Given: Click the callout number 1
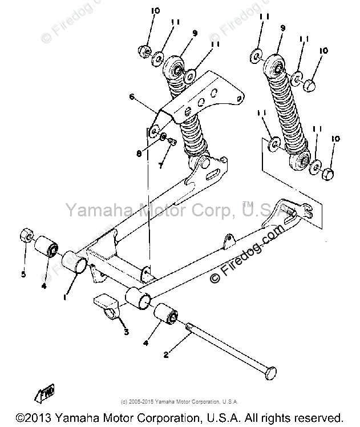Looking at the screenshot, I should coord(66,297).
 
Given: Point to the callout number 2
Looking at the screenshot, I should coord(165,354).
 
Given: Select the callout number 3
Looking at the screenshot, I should coord(126,331).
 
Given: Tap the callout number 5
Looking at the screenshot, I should coord(23,275).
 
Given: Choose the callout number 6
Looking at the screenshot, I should coord(131,97).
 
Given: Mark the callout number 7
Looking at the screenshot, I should coord(161,166).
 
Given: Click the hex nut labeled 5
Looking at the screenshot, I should coord(26,234).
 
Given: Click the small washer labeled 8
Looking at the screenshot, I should coord(163,137).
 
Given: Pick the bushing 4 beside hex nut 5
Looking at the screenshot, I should coord(47,248).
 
